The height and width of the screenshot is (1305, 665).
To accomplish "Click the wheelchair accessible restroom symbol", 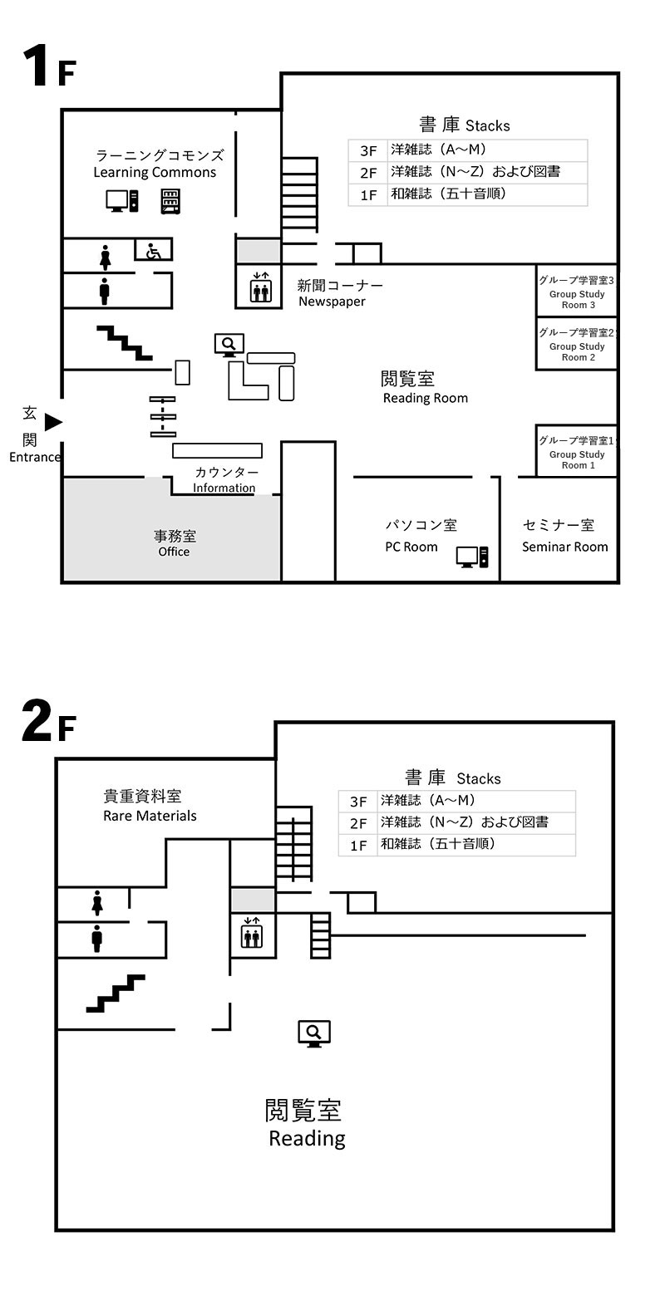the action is coord(153,251).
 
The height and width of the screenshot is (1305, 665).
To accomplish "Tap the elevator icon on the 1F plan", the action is coord(260,287).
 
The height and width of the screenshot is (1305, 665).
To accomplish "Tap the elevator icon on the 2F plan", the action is coord(252,932).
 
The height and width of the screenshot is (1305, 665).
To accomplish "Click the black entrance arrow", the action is coord(54,422).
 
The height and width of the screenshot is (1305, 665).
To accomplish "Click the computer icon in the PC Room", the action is coord(472,557).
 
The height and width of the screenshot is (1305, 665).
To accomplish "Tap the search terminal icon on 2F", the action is coord(314,1033).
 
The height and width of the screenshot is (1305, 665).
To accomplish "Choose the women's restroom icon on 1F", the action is coord(105,258).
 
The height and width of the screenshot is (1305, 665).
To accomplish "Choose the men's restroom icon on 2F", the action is coord(96,939).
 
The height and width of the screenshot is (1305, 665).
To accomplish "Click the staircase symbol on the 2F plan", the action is coord(116,993).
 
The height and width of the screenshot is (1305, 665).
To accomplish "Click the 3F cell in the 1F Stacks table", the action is coord(368,151).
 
